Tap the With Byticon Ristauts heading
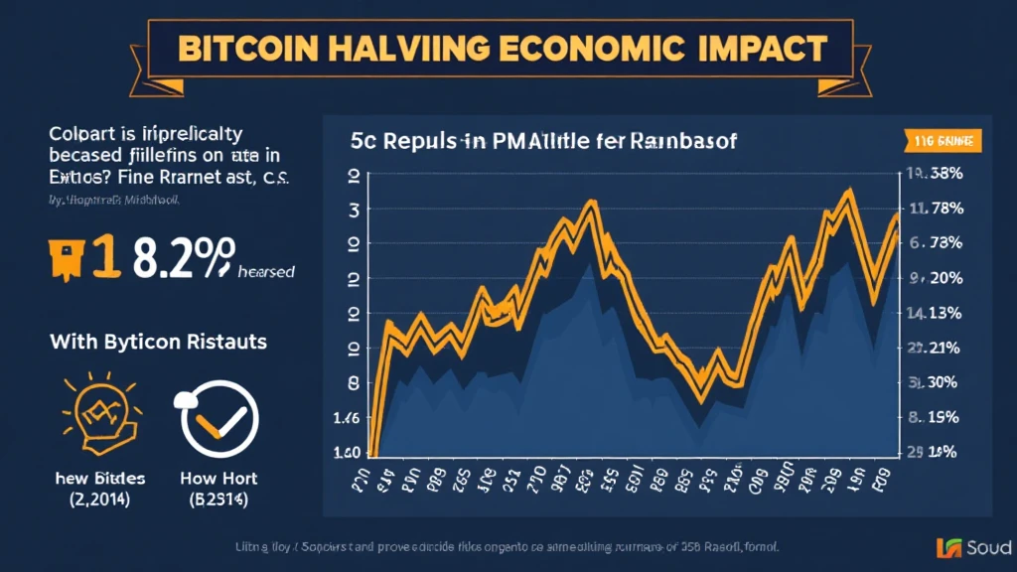158,342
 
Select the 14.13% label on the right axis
935,313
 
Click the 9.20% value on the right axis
935,278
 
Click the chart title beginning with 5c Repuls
543,142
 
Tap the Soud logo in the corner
973,546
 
